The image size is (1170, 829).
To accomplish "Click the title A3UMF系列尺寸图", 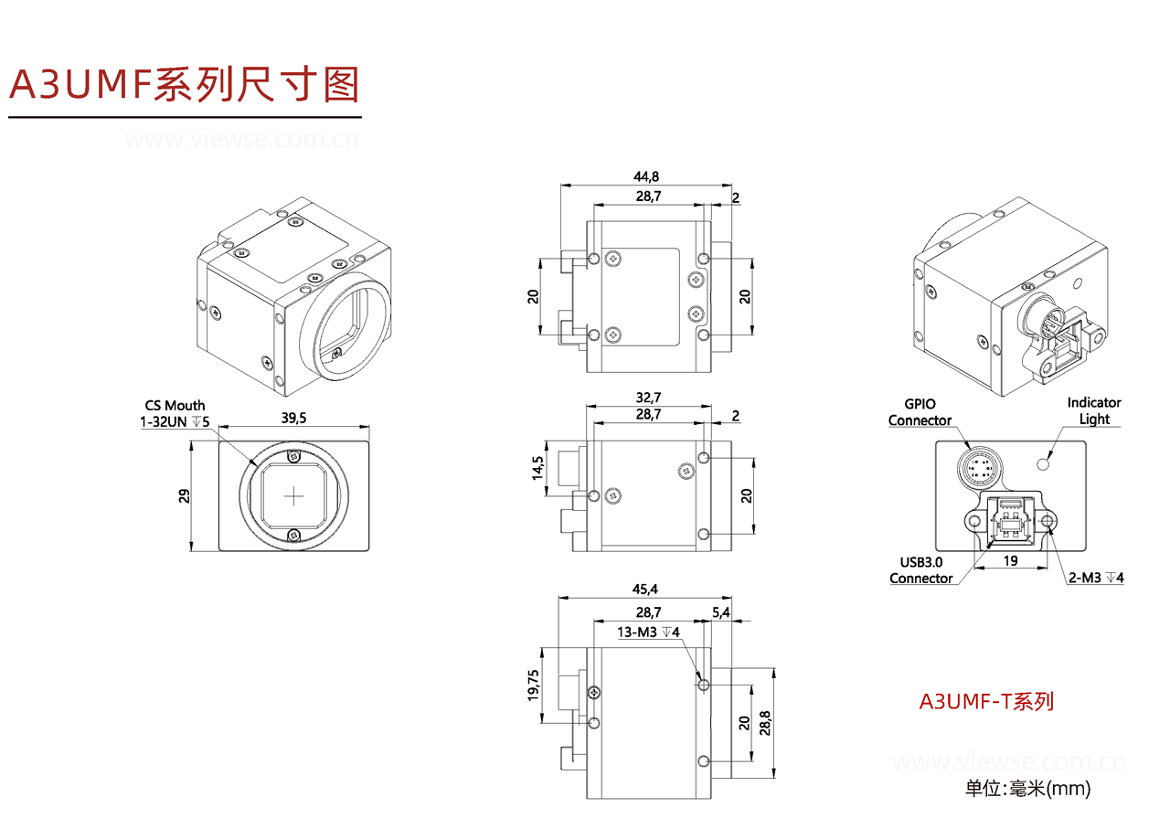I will pos(184,84).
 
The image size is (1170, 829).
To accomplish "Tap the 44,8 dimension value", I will pos(648,176).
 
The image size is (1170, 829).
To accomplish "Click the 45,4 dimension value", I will pos(646,588).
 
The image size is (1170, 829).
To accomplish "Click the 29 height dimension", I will pos(184,496).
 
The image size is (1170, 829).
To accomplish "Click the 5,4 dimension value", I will pos(720,613).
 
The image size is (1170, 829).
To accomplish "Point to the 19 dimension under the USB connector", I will pos(1010,560).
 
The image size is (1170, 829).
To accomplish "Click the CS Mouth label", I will pos(175,405).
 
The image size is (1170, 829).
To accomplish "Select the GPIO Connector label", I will pos(920,412).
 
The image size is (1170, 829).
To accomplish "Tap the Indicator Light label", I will pos(1094,410).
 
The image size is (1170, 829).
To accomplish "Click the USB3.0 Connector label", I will pos(920,570).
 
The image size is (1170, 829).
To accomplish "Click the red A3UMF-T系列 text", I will pos(986,701).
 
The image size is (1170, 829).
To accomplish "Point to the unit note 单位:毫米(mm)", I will pos(1027,788).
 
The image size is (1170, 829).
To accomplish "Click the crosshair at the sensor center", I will pos(293,496).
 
